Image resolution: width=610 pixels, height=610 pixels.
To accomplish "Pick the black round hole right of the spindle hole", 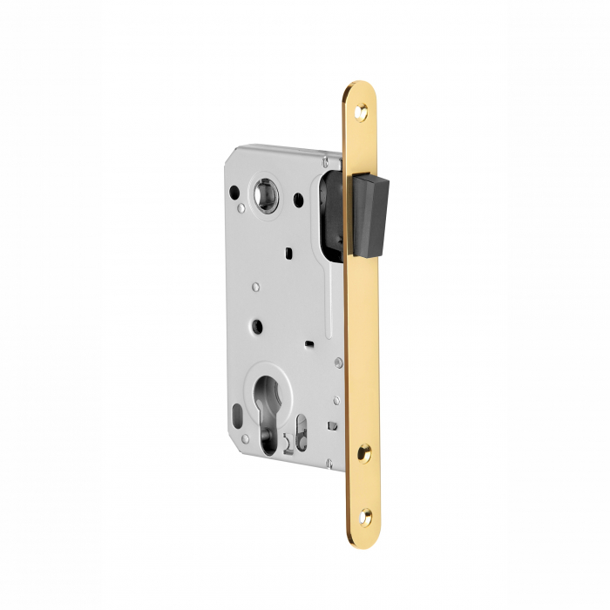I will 299,200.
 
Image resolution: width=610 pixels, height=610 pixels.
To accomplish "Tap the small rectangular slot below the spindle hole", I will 286,252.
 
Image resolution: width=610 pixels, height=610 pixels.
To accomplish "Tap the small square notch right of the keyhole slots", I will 330,425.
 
